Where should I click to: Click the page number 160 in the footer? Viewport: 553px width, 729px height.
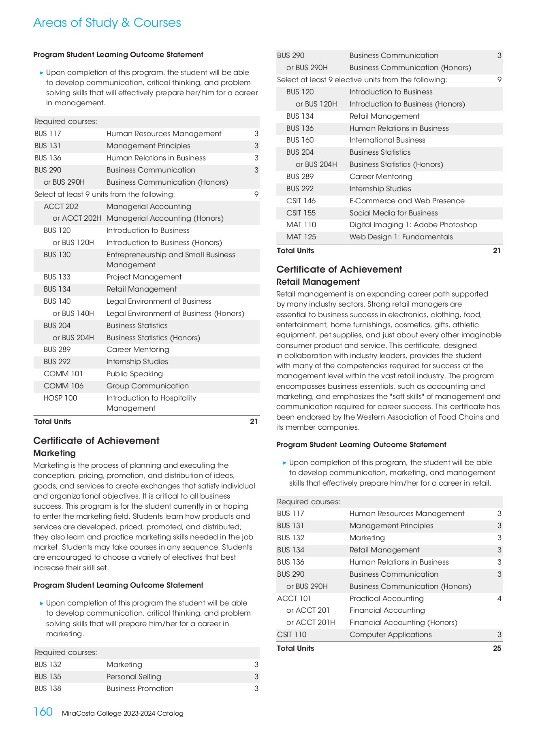point(43,712)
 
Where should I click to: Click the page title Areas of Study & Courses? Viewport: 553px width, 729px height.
point(107,23)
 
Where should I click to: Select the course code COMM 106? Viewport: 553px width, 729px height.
point(64,386)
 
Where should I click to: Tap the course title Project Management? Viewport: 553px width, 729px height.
point(144,277)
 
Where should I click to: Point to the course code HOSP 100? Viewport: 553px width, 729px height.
point(60,398)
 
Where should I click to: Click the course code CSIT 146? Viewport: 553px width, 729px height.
point(301,201)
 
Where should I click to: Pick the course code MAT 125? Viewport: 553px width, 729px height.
point(301,237)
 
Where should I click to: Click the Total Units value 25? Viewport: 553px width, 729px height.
point(497,648)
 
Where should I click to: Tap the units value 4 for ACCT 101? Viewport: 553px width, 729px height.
point(499,599)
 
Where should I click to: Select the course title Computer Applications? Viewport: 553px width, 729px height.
point(391,635)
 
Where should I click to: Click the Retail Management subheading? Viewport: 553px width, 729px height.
point(318,282)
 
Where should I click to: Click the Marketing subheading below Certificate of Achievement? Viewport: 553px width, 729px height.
point(54,453)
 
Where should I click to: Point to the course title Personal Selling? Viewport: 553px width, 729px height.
point(134,677)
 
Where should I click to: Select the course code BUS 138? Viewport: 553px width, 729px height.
point(48,688)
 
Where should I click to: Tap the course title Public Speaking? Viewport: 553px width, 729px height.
point(135,374)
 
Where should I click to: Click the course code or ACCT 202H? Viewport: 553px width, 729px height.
point(77,218)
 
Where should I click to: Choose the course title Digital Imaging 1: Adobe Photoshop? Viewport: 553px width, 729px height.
point(413,225)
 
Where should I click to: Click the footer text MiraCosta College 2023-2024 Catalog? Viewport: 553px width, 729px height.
point(122,713)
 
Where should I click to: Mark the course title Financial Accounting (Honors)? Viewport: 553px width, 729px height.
point(403,622)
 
